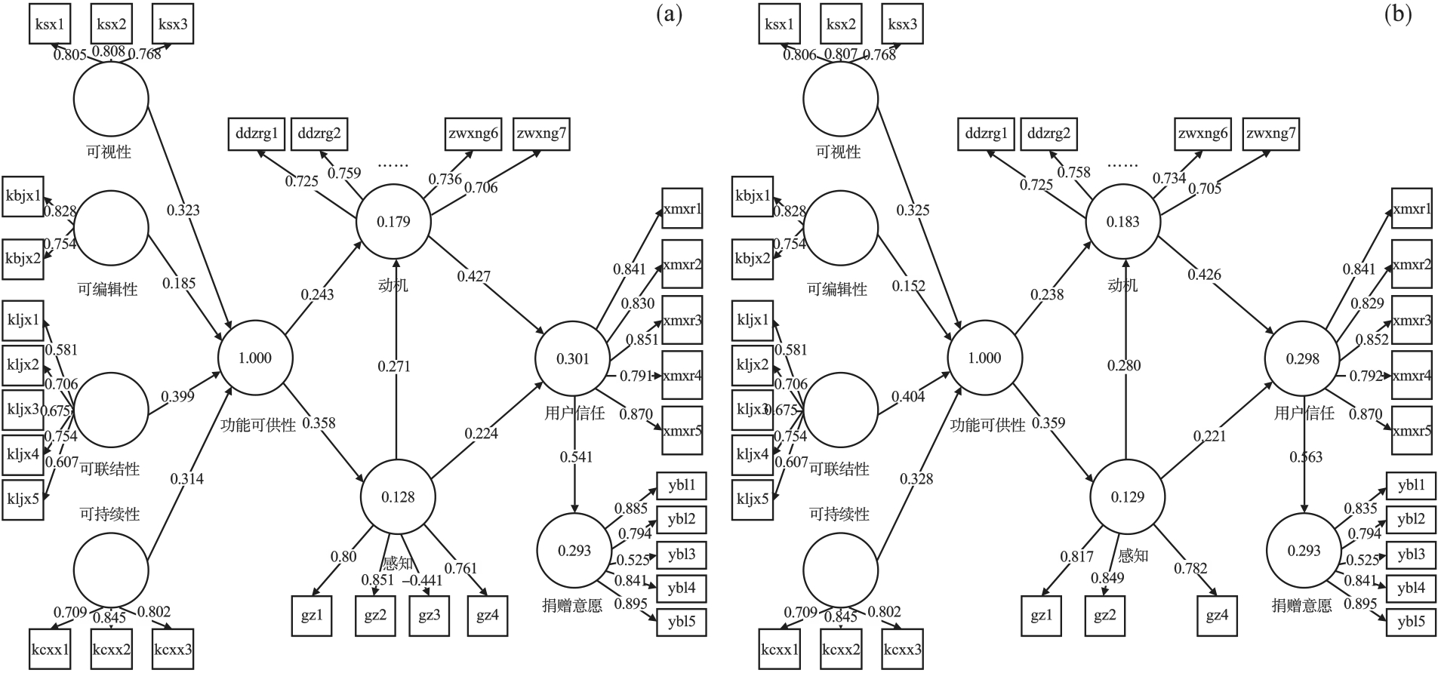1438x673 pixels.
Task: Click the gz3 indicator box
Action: pyautogui.click(x=429, y=616)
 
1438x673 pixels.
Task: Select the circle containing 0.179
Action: pyautogui.click(x=393, y=222)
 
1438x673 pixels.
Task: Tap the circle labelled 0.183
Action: pyautogui.click(x=1122, y=222)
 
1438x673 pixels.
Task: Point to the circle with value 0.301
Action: pyautogui.click(x=572, y=359)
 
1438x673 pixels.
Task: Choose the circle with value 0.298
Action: pyautogui.click(x=1303, y=359)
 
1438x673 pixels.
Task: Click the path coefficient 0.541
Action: pyautogui.click(x=576, y=456)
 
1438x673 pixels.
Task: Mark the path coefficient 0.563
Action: pyautogui.click(x=1306, y=456)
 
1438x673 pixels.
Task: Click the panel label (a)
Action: pyautogui.click(x=670, y=14)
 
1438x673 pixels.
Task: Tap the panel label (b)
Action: pyautogui.click(x=1398, y=14)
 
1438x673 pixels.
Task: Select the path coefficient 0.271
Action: pyautogui.click(x=394, y=367)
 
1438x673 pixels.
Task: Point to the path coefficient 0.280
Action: pyautogui.click(x=1124, y=366)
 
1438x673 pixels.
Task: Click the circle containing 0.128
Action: pyautogui.click(x=398, y=496)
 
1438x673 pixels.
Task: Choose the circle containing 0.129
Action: pyautogui.click(x=1128, y=496)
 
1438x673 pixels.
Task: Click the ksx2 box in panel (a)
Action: pyautogui.click(x=111, y=24)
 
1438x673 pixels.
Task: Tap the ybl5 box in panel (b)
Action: pyautogui.click(x=1411, y=622)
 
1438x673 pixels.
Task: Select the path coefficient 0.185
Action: pyautogui.click(x=179, y=284)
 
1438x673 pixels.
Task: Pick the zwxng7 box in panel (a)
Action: pyautogui.click(x=540, y=134)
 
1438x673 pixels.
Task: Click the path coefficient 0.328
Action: pyautogui.click(x=916, y=478)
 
